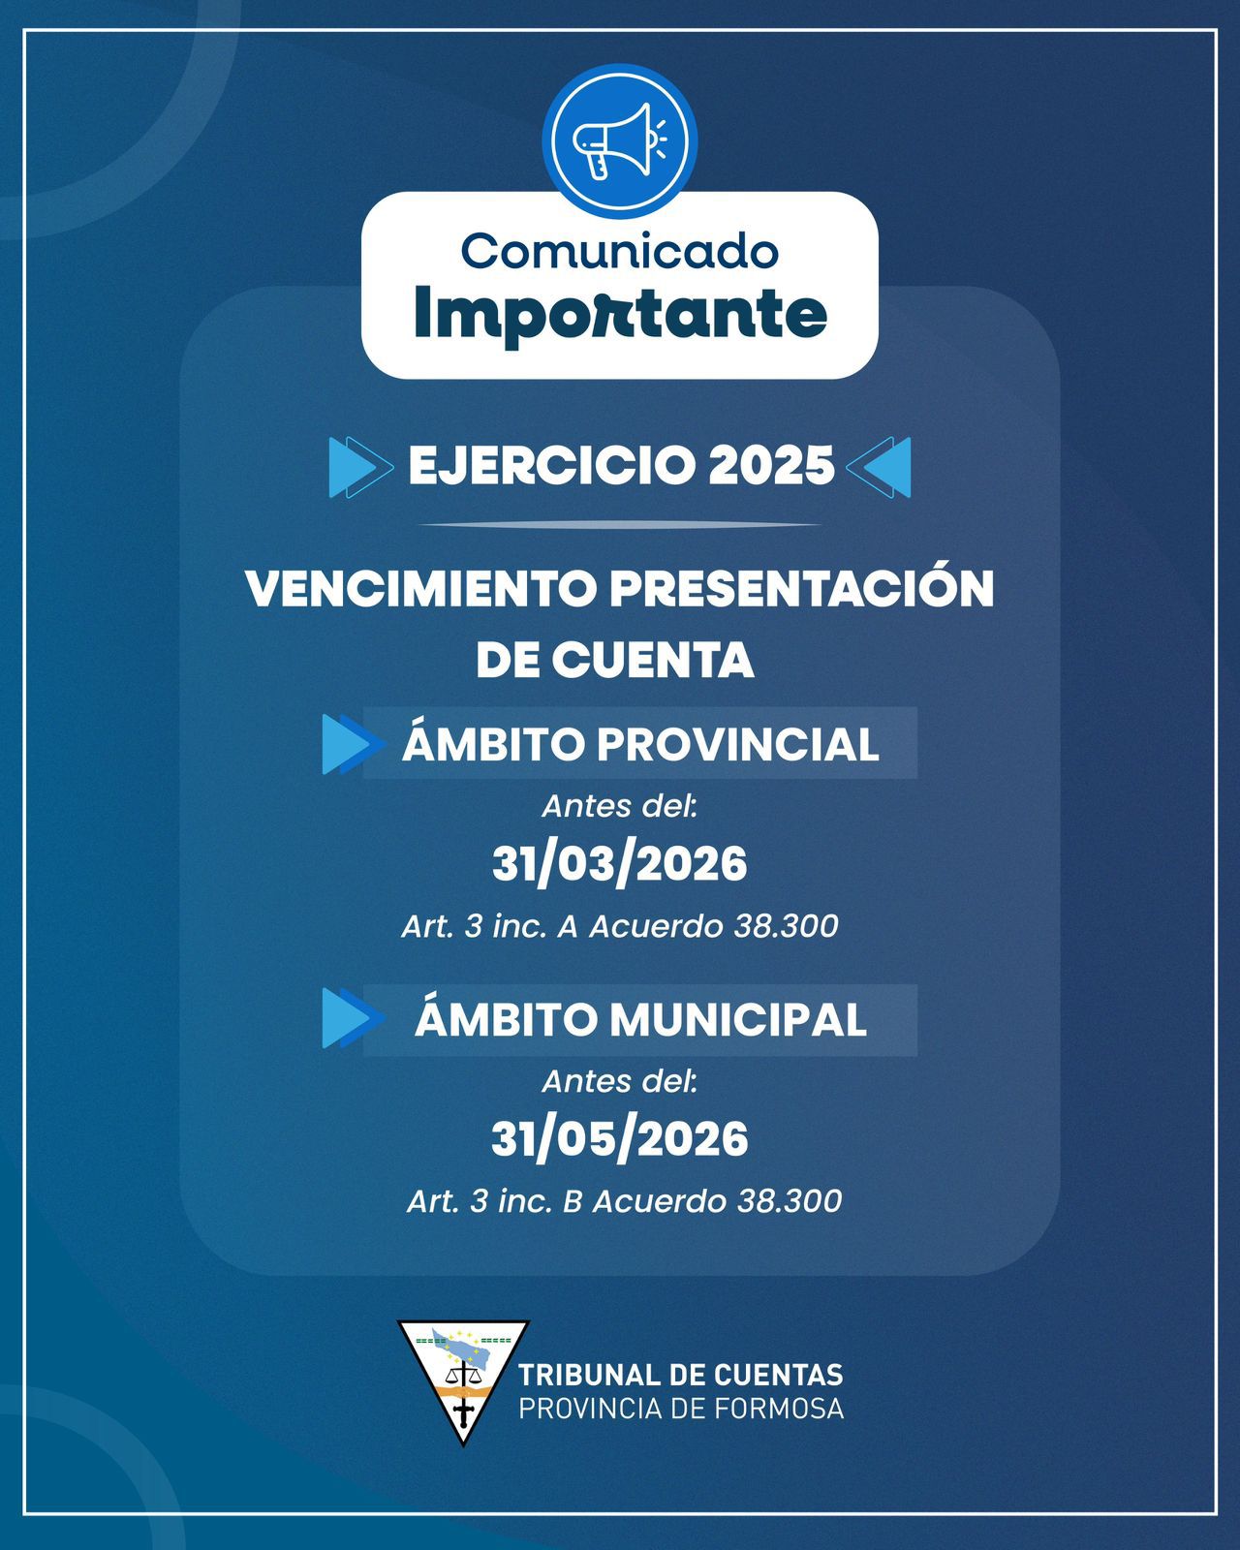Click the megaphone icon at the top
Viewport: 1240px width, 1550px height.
click(x=619, y=141)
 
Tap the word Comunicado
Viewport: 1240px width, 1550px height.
click(x=620, y=251)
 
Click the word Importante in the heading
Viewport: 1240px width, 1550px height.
click(x=620, y=313)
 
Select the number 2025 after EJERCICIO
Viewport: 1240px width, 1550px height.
click(x=772, y=466)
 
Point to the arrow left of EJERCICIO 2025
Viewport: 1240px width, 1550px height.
click(x=361, y=467)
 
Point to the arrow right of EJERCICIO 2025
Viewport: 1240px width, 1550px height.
click(x=879, y=467)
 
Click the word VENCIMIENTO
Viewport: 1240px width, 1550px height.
click(x=421, y=589)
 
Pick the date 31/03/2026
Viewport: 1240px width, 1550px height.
click(x=620, y=863)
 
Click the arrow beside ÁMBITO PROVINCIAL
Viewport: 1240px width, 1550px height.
click(x=353, y=743)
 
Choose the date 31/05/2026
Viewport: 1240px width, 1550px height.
click(x=620, y=1138)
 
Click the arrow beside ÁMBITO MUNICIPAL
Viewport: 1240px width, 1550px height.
click(x=353, y=1018)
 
